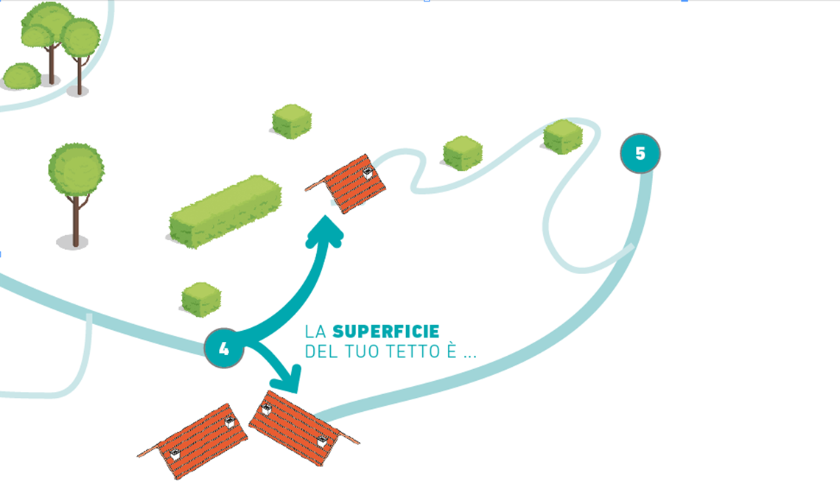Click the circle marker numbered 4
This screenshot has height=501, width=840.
pos(224,348)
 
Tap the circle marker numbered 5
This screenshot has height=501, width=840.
pos(640,153)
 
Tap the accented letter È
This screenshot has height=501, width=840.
pos(447,351)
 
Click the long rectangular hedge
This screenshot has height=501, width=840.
pos(225,211)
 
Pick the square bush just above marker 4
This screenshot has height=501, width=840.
pos(201,299)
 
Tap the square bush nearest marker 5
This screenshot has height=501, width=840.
pos(563,136)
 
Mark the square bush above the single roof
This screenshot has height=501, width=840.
pos(292,121)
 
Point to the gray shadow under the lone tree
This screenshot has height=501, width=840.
pos(72,242)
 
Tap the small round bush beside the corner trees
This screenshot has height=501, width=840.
pos(21,76)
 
